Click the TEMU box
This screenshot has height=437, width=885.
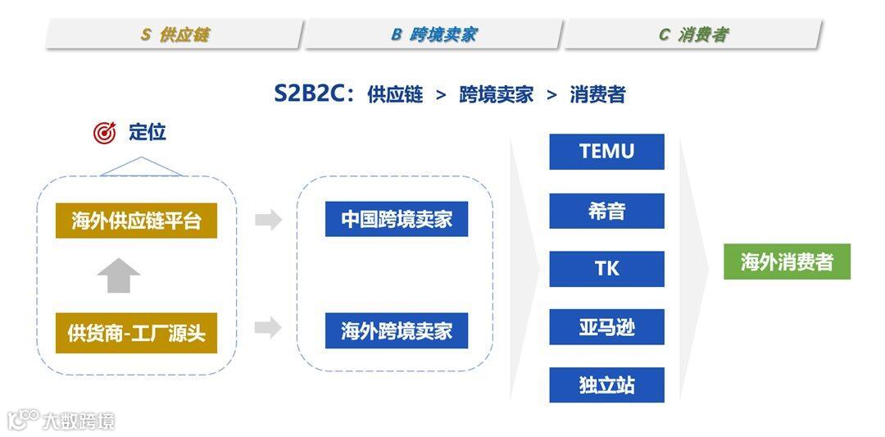pyautogui.click(x=606, y=152)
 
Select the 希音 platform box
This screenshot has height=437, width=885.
pyautogui.click(x=606, y=211)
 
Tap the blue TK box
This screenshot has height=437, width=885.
pyautogui.click(x=606, y=269)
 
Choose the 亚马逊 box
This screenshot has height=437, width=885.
pyautogui.click(x=606, y=327)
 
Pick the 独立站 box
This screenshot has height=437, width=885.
pyautogui.click(x=606, y=385)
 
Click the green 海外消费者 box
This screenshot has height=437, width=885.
pyautogui.click(x=787, y=262)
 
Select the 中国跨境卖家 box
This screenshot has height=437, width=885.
pyautogui.click(x=397, y=219)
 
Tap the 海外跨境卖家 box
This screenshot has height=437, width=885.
pyautogui.click(x=397, y=330)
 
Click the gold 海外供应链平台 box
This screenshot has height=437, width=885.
pyautogui.click(x=136, y=221)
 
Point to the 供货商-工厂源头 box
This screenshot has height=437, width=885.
pyautogui.click(x=136, y=333)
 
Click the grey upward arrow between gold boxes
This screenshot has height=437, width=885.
pyautogui.click(x=119, y=275)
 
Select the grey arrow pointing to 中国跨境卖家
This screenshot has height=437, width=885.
pyautogui.click(x=268, y=220)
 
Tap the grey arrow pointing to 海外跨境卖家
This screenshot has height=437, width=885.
pyautogui.click(x=268, y=329)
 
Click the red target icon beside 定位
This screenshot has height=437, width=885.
pyautogui.click(x=105, y=133)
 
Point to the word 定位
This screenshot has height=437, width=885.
pyautogui.click(x=147, y=132)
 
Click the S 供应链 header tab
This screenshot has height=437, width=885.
pyautogui.click(x=174, y=34)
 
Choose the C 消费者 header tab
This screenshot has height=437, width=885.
pyautogui.click(x=692, y=34)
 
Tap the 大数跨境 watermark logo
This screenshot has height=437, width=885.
pyautogui.click(x=61, y=421)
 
